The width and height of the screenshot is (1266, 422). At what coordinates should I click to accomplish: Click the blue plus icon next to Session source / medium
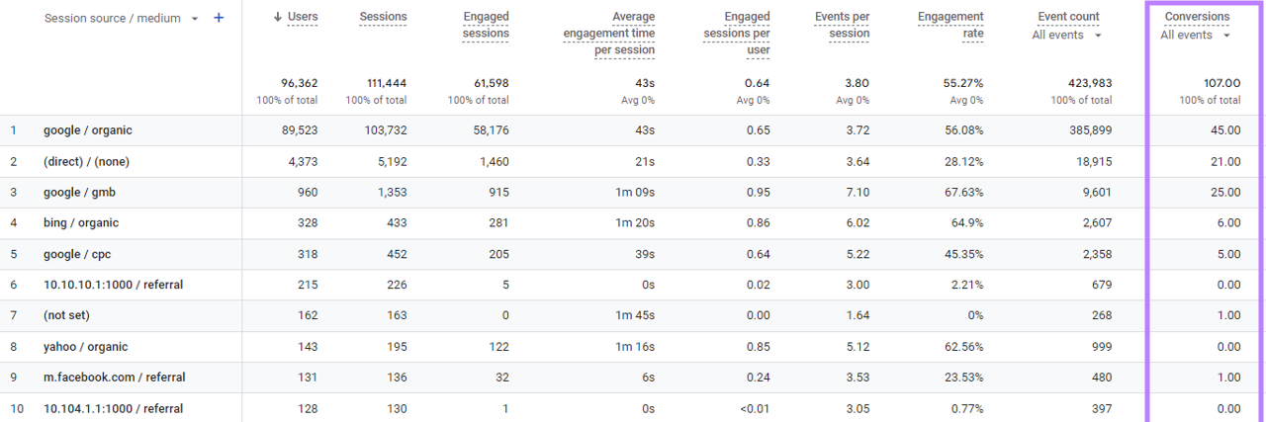coord(219,19)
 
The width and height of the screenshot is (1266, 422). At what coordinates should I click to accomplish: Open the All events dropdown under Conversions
coord(1196,36)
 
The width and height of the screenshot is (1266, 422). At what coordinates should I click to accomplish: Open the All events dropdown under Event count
coord(1066,36)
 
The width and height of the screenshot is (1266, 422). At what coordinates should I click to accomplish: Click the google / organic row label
coord(87,130)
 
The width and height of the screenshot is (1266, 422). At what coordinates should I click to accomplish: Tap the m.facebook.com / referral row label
coord(114,378)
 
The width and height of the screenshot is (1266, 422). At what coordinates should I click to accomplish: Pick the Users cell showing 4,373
coord(300,162)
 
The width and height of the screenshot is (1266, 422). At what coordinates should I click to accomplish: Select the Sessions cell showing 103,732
coord(383,130)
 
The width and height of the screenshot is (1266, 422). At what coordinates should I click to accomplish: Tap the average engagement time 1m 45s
coord(634,316)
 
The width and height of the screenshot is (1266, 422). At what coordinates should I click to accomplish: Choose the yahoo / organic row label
coord(85,347)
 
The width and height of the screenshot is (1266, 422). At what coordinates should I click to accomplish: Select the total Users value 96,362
coord(296,83)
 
